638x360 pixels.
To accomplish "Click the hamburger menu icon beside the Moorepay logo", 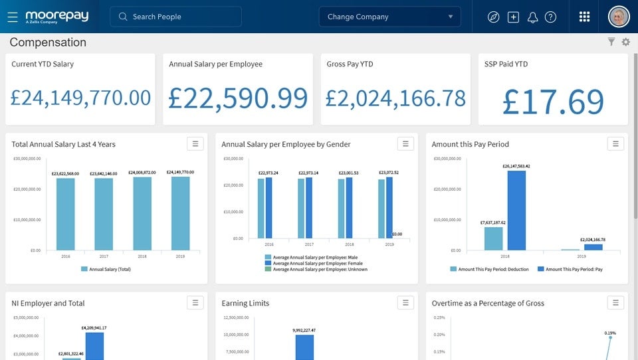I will (x=13, y=17).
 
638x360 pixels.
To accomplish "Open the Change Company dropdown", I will (x=389, y=17).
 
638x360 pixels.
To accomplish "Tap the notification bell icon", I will (x=532, y=17).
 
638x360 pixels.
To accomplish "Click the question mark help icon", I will (x=550, y=17).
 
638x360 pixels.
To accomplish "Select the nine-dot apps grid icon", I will (x=584, y=17).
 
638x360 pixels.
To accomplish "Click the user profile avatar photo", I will (x=619, y=17).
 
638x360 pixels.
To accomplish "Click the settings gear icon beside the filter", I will (x=625, y=43).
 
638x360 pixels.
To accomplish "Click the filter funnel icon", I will (x=611, y=43).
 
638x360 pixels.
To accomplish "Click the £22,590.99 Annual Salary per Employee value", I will (x=238, y=98).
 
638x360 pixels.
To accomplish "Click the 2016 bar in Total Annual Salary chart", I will (x=65, y=214).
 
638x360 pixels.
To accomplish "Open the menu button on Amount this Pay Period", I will (x=615, y=143).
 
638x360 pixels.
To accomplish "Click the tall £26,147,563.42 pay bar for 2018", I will (x=516, y=210).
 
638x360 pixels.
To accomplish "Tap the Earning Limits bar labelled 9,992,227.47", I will (x=304, y=347).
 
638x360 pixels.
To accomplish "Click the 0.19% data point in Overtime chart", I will (x=610, y=338).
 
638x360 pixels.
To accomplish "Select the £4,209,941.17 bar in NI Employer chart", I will (x=94, y=346).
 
